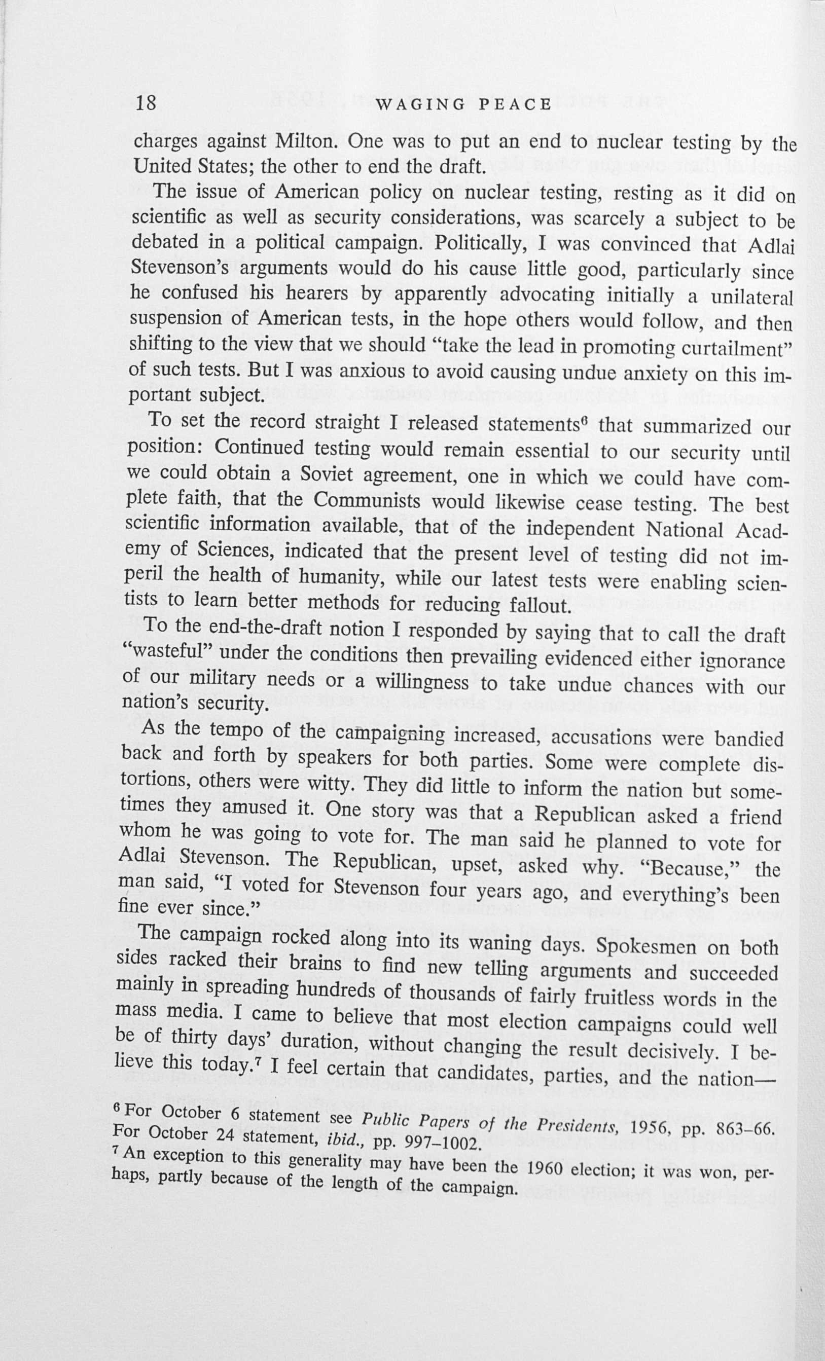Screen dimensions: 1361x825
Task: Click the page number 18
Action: pos(147,103)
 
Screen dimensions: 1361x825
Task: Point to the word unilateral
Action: pos(751,298)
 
